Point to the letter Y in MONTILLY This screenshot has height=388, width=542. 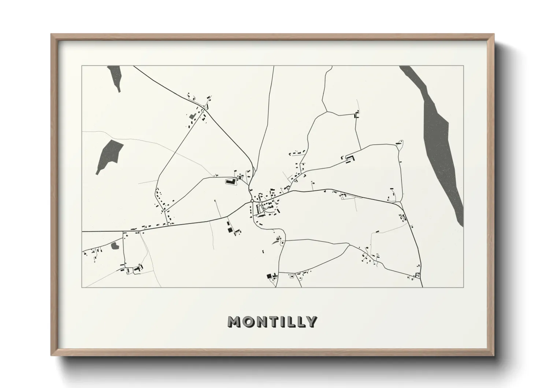[x=311, y=322]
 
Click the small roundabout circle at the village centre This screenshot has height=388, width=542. [x=252, y=201]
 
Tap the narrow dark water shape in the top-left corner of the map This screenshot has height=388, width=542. [x=115, y=77]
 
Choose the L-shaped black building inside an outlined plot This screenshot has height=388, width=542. [x=230, y=181]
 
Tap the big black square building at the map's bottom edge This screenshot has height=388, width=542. [x=269, y=276]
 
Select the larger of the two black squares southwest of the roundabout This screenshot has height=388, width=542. [x=230, y=230]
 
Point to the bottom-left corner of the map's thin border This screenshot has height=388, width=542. [x=82, y=287]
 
